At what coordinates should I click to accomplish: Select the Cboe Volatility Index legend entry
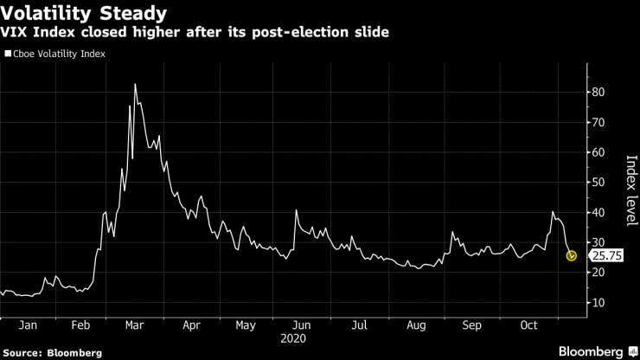coord(56,54)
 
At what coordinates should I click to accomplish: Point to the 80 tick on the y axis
coord(597,92)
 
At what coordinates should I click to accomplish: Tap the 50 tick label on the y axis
coord(597,183)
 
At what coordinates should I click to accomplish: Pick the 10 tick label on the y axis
coord(597,303)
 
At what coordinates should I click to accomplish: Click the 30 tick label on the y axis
coord(597,242)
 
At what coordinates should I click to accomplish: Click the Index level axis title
coord(630,187)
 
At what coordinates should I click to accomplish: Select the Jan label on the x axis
coord(26,326)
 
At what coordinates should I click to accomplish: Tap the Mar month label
coord(135,326)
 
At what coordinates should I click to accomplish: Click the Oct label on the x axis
coord(528,326)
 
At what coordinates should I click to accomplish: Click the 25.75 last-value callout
coord(605,256)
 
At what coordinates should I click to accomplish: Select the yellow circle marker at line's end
coord(572,255)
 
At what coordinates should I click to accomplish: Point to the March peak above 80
coord(135,85)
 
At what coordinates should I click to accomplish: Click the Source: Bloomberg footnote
coord(52,352)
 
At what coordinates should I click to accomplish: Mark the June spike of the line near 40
coord(296,210)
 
